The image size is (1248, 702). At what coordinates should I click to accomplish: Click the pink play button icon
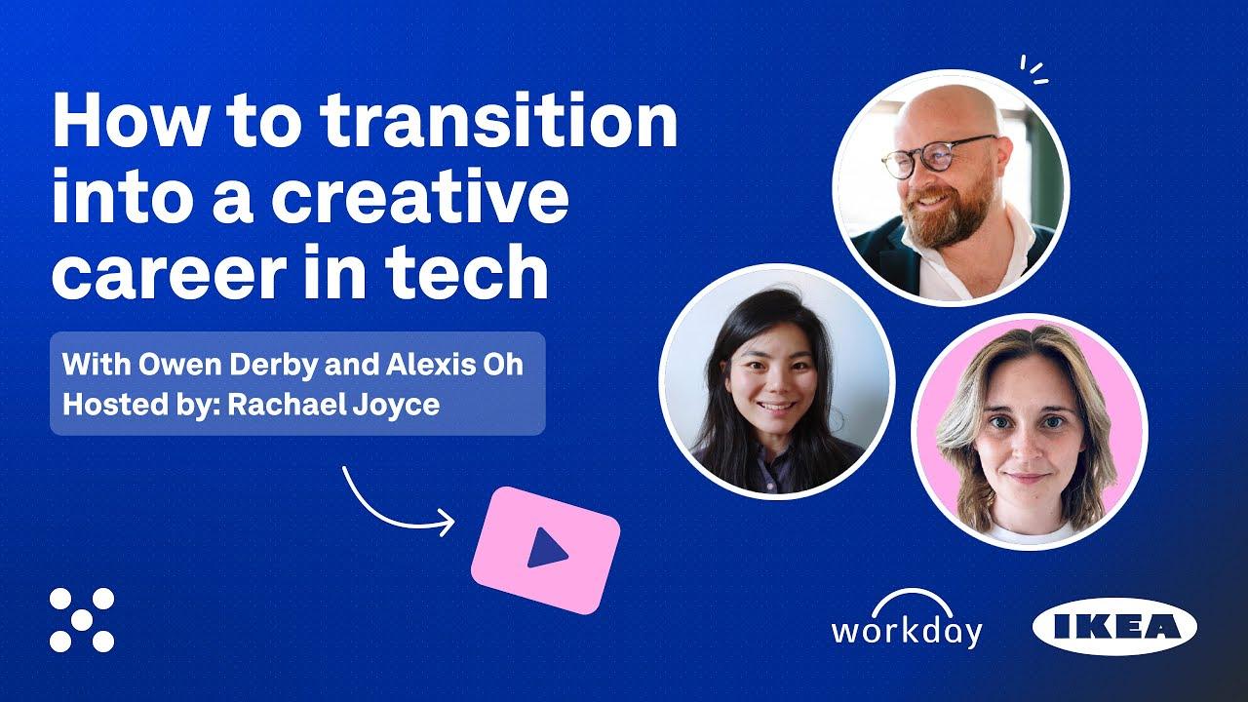point(545,550)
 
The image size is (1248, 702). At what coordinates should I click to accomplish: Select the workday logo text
point(906,631)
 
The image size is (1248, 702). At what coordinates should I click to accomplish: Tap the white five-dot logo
point(82,620)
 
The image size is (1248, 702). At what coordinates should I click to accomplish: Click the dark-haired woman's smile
point(776,406)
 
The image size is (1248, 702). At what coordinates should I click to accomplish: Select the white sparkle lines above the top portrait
point(1033,69)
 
